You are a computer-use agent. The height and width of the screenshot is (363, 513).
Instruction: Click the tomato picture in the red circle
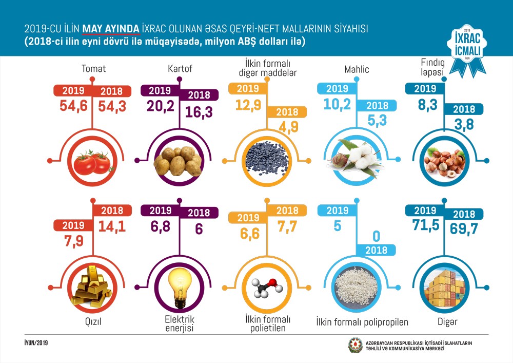pyautogui.click(x=93, y=162)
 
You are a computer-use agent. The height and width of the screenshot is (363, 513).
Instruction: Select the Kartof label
pyautogui.click(x=180, y=68)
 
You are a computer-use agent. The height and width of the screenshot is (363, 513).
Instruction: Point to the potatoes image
pyautogui.click(x=179, y=161)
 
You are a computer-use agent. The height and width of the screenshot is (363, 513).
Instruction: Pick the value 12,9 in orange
pyautogui.click(x=249, y=106)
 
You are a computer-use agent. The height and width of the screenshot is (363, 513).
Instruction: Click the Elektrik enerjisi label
pyautogui.click(x=180, y=323)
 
